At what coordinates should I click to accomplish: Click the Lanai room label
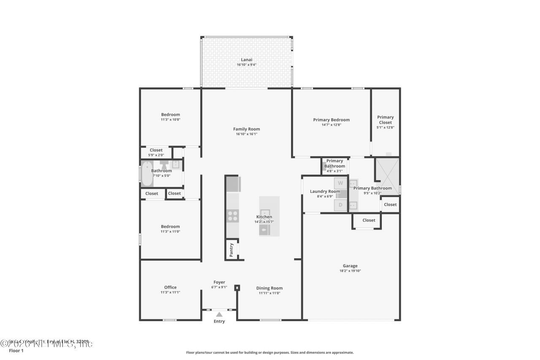(246, 60)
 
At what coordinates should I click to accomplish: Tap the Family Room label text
(246, 129)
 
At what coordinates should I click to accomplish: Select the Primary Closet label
(385, 120)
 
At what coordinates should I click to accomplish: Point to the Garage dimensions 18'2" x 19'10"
(350, 271)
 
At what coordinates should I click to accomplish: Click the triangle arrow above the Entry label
(219, 314)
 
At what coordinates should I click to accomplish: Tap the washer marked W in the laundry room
(340, 183)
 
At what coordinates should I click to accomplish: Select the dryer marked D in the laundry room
(340, 205)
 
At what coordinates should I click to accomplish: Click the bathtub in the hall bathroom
(147, 173)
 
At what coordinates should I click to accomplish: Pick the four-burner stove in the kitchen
(232, 216)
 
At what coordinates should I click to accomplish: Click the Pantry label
(231, 250)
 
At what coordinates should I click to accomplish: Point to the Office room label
(170, 287)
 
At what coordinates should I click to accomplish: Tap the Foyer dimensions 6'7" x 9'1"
(219, 287)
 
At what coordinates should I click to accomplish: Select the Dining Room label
(270, 288)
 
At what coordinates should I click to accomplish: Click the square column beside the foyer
(237, 288)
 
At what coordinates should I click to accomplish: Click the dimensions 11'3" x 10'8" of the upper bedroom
(170, 119)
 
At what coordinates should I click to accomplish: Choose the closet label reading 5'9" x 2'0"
(156, 155)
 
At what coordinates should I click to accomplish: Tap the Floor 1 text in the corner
(16, 351)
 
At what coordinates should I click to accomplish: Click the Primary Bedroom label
(331, 120)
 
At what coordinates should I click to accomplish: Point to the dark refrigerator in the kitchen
(233, 184)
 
